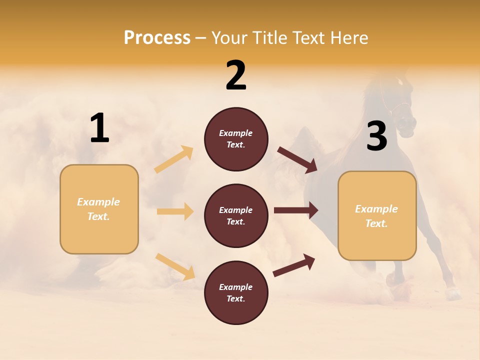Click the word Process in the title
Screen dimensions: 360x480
(157, 38)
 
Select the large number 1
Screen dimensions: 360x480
(99, 128)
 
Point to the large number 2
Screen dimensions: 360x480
(236, 75)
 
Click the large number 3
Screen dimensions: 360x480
(376, 136)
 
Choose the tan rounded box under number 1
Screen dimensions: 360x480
(99, 209)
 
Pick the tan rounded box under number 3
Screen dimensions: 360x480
(377, 216)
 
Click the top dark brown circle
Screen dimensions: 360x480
(236, 139)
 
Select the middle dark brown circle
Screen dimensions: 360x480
(236, 215)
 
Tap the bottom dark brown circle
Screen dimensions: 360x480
(236, 292)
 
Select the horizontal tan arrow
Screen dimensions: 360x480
(175, 211)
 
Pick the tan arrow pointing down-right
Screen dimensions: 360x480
(175, 266)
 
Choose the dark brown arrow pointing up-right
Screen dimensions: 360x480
(294, 265)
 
